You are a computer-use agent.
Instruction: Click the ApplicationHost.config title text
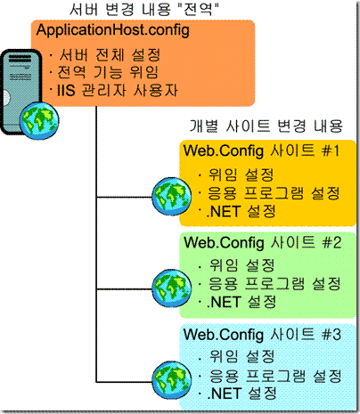(x=113, y=30)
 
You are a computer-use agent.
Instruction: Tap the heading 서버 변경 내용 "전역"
(x=144, y=9)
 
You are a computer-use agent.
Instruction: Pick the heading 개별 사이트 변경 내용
(x=266, y=126)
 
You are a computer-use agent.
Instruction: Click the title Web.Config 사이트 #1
(x=261, y=150)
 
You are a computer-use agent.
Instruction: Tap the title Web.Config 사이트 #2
(x=262, y=242)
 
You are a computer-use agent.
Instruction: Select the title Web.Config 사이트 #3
(x=262, y=335)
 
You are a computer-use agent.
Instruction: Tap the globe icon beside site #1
(x=172, y=197)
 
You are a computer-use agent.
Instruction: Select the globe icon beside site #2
(x=172, y=288)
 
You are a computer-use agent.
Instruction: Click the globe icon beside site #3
(x=172, y=380)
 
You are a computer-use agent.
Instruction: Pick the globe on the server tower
(x=39, y=121)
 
